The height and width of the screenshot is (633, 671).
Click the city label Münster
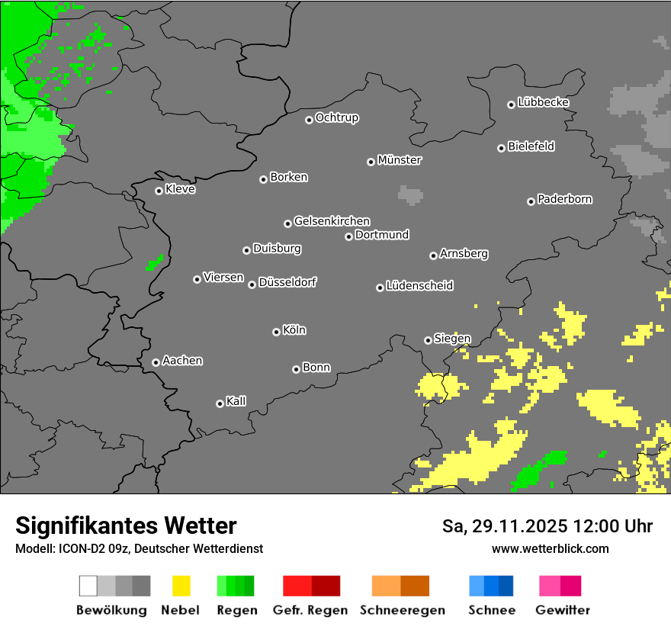click(400, 160)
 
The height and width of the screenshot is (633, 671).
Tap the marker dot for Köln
click(276, 332)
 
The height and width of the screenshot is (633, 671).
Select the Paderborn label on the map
click(565, 199)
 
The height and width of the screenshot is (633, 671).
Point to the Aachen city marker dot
click(156, 362)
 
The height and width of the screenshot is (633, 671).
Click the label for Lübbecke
click(544, 102)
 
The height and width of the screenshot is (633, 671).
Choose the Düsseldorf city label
click(287, 282)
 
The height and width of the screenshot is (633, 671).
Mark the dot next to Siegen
click(428, 340)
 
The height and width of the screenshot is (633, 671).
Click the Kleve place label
click(181, 189)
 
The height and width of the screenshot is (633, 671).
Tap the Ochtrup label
click(337, 117)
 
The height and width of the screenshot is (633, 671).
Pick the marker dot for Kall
click(220, 403)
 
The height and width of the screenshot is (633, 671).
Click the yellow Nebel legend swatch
click(181, 586)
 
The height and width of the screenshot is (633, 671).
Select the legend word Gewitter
click(562, 610)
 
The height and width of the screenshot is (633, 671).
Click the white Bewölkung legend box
click(88, 586)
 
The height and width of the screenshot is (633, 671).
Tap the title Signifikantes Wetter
click(126, 525)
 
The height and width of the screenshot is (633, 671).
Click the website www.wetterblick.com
click(550, 548)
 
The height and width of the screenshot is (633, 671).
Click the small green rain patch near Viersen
click(155, 263)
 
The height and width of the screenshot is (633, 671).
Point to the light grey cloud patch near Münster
click(410, 194)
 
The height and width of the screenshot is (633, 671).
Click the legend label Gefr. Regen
click(310, 610)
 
